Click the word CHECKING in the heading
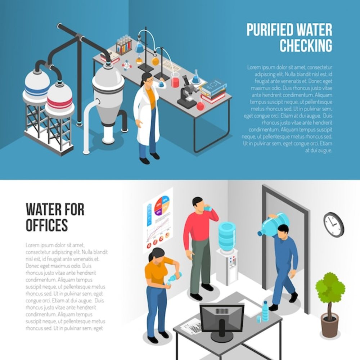click(x=306, y=45)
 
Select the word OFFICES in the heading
click(x=47, y=225)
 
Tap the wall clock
click(x=334, y=225)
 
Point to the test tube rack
click(x=124, y=45)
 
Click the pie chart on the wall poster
click(x=162, y=205)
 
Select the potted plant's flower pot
click(x=330, y=324)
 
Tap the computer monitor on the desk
click(x=221, y=319)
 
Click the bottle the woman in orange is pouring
click(x=175, y=276)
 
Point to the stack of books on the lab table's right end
click(x=213, y=91)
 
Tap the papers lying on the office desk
click(x=191, y=326)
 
